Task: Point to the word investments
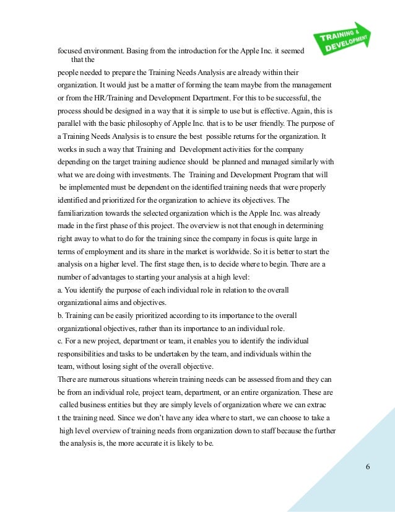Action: coord(163,174)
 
